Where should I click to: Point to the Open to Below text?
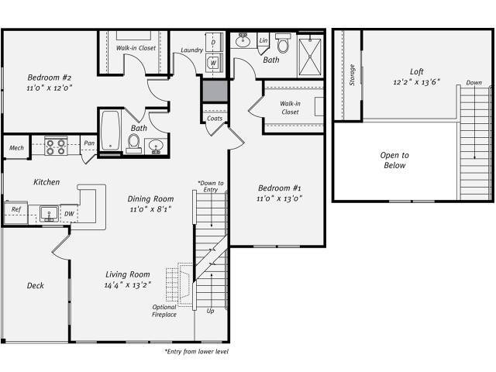[394, 160]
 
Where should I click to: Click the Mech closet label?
[15, 147]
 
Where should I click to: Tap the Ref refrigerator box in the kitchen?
[15, 209]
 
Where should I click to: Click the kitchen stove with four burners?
[55, 146]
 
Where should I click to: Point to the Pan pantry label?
[89, 143]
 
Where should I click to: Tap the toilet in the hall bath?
[133, 143]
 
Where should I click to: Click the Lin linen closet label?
[263, 40]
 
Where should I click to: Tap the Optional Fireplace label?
[164, 311]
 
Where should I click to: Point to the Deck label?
[35, 285]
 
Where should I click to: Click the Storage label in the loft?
[353, 75]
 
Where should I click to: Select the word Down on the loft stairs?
[473, 83]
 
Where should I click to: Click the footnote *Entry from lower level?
[196, 351]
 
